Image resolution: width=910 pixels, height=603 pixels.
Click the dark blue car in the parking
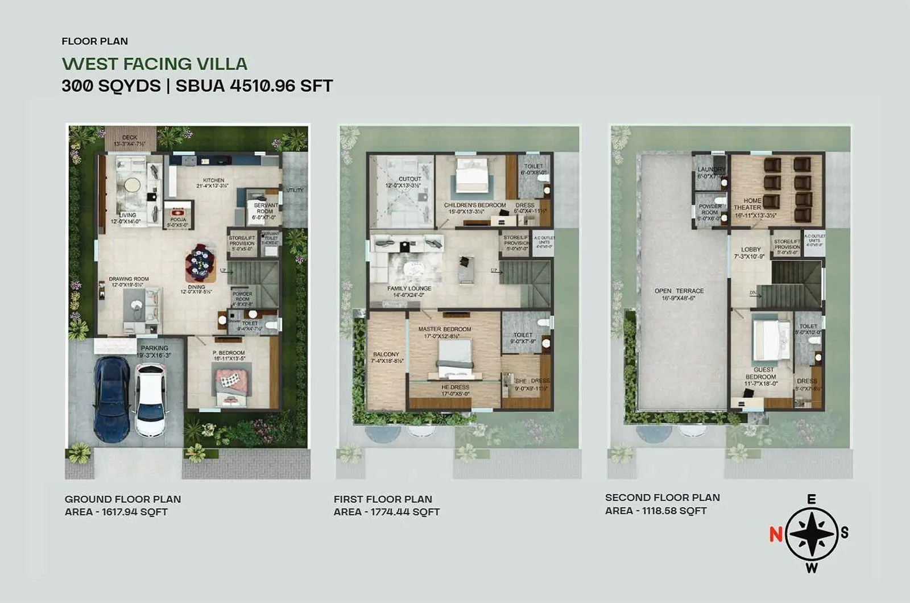coord(111,397)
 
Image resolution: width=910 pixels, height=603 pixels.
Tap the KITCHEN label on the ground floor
coord(214,180)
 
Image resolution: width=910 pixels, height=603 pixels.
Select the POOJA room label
coord(178,220)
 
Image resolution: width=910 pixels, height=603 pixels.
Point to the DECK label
coord(130,138)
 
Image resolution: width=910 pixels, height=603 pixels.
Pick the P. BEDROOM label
coord(229,353)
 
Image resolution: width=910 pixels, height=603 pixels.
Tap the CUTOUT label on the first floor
coord(409,179)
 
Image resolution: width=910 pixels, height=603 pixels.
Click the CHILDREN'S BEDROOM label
coord(475,205)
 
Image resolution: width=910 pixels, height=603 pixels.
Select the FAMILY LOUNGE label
coord(409,288)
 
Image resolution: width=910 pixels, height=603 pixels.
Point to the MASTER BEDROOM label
coord(445,329)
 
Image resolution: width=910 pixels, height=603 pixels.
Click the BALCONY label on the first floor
coord(386,354)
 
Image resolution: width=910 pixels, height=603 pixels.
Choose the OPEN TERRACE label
coord(679,291)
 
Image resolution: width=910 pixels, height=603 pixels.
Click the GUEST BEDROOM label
coord(761,373)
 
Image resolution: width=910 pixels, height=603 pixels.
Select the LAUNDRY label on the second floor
coord(711,170)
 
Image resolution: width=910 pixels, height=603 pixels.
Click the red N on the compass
coord(775,534)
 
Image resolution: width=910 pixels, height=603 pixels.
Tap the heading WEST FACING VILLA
coord(155,63)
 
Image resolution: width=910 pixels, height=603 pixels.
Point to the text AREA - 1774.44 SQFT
coord(387,512)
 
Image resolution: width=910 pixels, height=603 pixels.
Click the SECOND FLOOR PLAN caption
coord(663,497)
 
